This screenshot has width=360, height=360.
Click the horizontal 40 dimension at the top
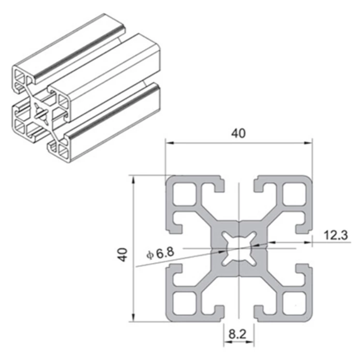coord(238,134)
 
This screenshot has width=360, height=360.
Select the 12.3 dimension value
coord(335,235)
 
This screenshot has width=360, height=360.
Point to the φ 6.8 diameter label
coord(161,253)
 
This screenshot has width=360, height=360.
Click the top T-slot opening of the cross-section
coord(238,186)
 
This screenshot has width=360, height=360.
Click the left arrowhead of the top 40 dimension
coord(169,143)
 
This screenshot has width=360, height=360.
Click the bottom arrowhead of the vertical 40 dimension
coord(132,319)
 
